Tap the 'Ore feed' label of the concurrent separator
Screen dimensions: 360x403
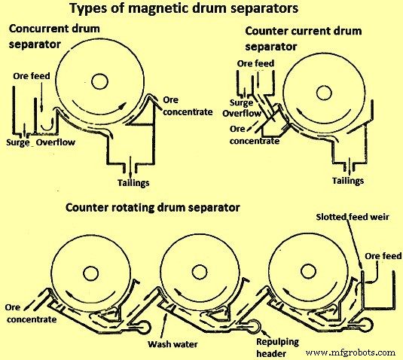(32, 76)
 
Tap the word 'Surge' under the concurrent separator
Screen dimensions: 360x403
(17, 141)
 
